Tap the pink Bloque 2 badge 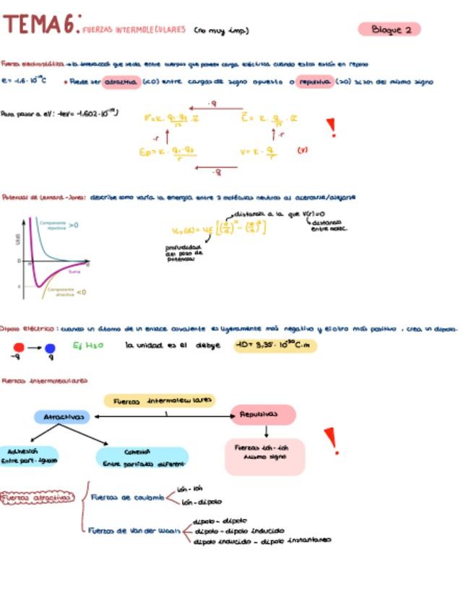pos(389,30)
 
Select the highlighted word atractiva pos(121,82)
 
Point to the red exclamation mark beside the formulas pos(332,128)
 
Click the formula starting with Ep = pos(168,153)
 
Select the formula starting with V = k pos(258,153)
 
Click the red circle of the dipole pos(19,348)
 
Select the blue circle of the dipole pos(50,348)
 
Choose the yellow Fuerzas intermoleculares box pos(159,400)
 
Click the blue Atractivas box pos(63,417)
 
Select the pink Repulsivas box pos(263,415)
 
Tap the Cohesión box pos(142,458)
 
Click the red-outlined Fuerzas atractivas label pos(38,497)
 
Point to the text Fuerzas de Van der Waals pos(134,531)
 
